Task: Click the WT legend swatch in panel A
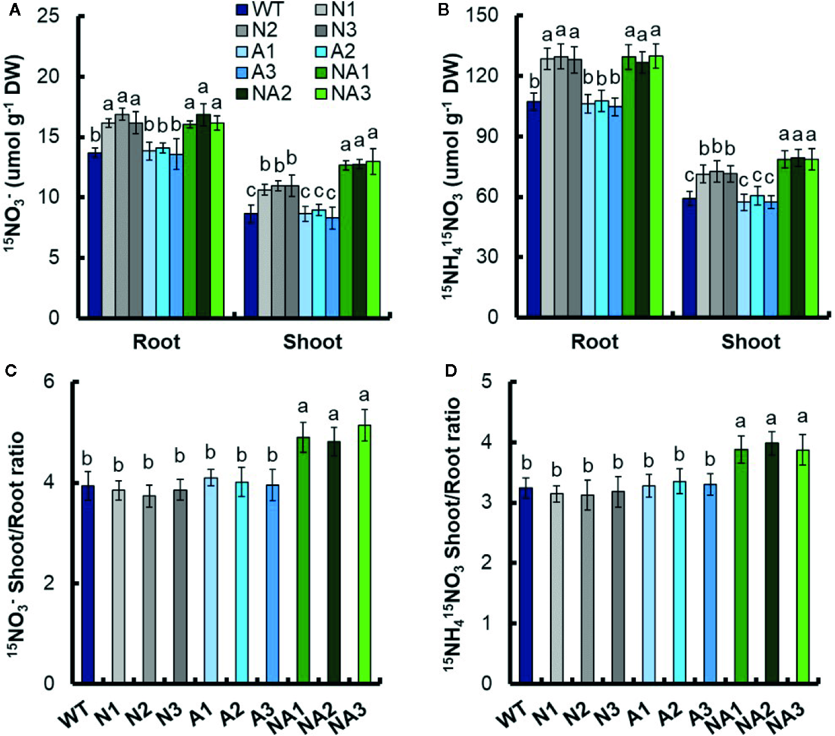click(x=242, y=10)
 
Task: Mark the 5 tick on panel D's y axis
click(x=486, y=381)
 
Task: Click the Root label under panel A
click(x=156, y=342)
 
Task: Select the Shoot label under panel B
click(x=751, y=342)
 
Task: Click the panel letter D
click(x=449, y=371)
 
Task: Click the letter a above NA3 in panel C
click(x=364, y=396)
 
